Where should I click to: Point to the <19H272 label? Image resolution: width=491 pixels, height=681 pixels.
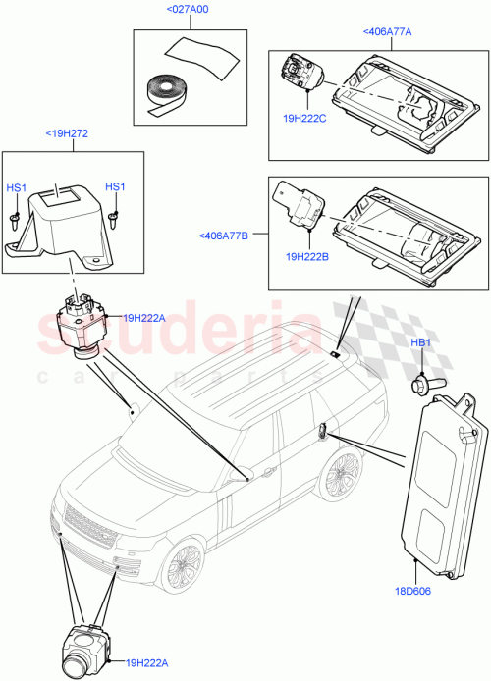coord(67,133)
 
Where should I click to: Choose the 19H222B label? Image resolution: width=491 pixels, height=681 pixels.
coord(306,257)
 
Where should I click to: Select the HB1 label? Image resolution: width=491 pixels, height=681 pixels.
coord(421,342)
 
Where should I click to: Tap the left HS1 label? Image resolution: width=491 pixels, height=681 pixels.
coord(17,187)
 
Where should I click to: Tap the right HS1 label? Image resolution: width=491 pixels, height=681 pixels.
coord(115,187)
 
